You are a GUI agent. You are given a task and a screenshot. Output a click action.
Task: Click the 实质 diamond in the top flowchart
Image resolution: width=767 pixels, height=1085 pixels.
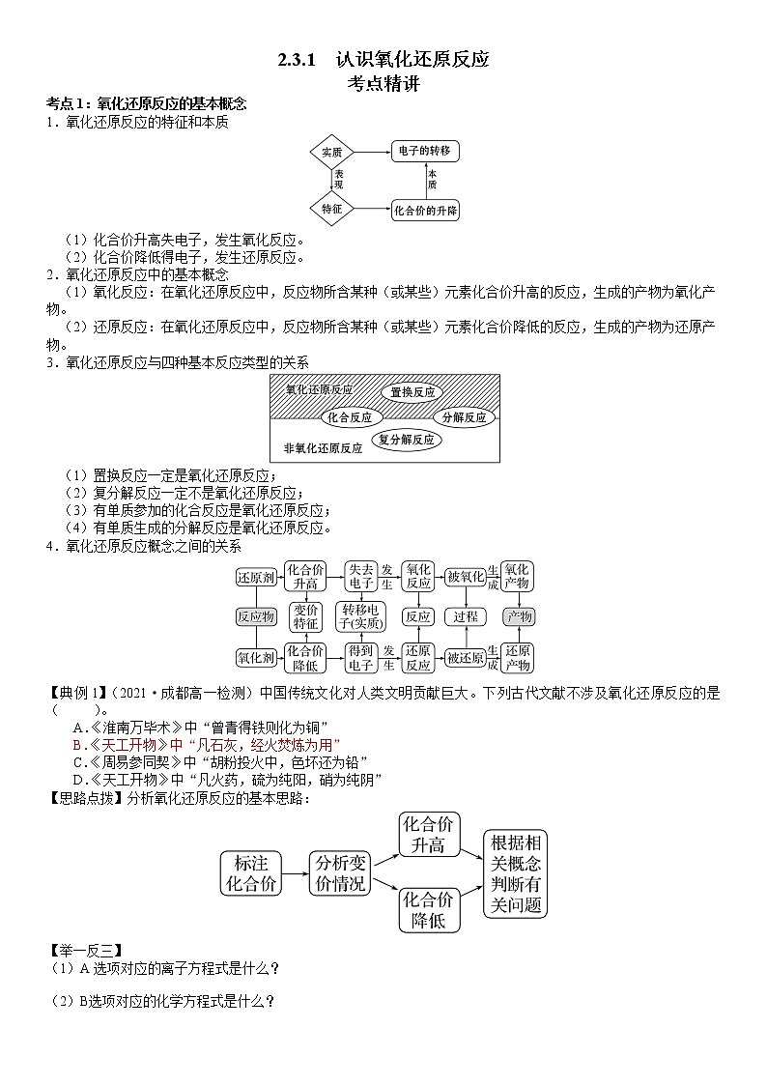click(332, 152)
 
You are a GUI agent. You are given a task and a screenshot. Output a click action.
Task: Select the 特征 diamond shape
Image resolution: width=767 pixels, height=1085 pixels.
click(332, 209)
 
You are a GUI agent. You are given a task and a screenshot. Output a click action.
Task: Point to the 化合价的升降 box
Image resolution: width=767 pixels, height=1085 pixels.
click(425, 210)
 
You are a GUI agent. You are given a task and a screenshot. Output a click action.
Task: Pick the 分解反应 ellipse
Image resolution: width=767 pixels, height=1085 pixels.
click(465, 417)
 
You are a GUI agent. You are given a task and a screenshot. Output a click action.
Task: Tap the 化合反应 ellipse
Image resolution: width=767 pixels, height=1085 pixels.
click(350, 417)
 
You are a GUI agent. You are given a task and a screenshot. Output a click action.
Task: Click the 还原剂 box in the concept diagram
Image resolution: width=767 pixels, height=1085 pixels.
click(256, 577)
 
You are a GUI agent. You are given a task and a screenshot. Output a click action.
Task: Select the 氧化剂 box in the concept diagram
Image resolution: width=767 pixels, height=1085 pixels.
click(256, 658)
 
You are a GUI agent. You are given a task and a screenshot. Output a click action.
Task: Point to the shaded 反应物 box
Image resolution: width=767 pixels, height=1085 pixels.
click(256, 616)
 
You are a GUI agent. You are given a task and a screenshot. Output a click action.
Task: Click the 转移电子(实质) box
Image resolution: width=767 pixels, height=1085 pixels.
click(360, 616)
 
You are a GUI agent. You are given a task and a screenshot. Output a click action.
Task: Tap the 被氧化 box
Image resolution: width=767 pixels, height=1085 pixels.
click(466, 577)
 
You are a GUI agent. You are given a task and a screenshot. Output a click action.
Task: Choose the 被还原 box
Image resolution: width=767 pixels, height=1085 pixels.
click(466, 658)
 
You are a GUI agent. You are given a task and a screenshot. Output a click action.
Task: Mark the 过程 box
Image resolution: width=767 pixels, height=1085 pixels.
click(466, 616)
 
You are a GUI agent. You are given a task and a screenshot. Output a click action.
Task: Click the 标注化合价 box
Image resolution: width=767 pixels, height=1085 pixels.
click(251, 872)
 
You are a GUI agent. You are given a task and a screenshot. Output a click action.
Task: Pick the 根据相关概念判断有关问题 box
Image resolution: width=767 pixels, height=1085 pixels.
click(515, 872)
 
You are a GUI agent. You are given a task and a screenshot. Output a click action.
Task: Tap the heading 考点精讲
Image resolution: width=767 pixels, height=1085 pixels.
click(383, 83)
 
